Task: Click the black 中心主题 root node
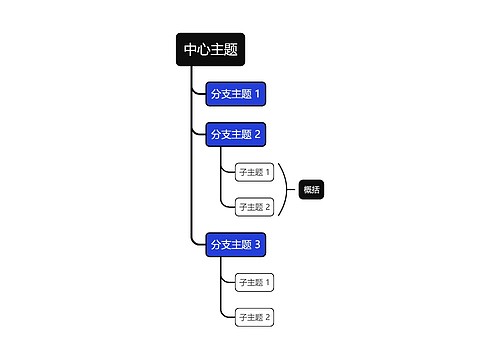pos(211,50)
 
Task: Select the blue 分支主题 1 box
pos(235,95)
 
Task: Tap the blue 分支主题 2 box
pos(235,134)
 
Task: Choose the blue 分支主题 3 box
pos(235,244)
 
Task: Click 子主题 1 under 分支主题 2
pos(254,172)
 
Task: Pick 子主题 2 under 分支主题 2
pos(254,207)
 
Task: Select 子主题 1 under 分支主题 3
pos(254,282)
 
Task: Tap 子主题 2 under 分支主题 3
pos(254,317)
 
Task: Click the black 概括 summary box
pos(311,189)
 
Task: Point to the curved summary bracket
pos(288,189)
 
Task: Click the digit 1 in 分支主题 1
pos(258,95)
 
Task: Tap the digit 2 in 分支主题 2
pos(258,134)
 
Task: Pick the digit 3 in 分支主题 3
pos(258,244)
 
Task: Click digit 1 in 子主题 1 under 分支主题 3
pos(268,282)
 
